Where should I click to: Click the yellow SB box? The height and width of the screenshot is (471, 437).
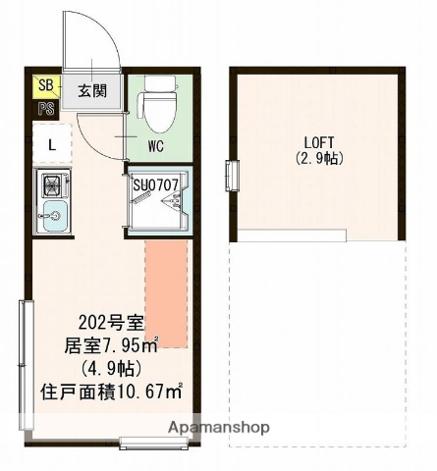pyautogui.click(x=45, y=86)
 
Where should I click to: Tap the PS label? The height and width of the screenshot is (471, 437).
pyautogui.click(x=45, y=109)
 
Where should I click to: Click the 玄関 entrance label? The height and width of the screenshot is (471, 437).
pyautogui.click(x=92, y=91)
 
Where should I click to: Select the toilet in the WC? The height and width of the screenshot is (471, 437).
pyautogui.click(x=156, y=103)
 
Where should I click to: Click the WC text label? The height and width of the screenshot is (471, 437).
pyautogui.click(x=155, y=147)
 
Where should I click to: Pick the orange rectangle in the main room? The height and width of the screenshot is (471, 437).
pyautogui.click(x=166, y=292)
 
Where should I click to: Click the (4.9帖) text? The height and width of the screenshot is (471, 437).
pyautogui.click(x=112, y=369)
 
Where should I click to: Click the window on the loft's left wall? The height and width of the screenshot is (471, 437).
pyautogui.click(x=232, y=175)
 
